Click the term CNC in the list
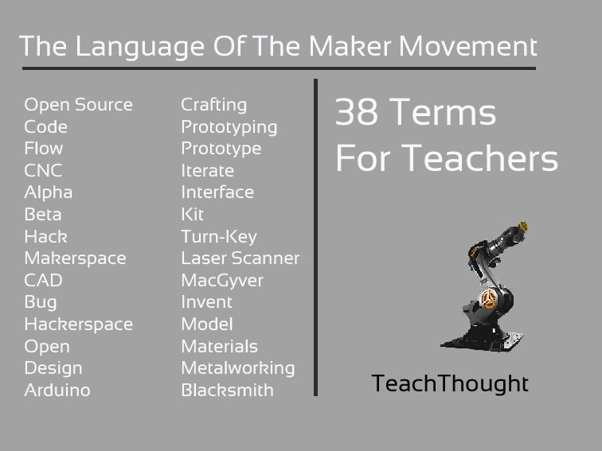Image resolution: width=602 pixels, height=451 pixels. (x=43, y=171)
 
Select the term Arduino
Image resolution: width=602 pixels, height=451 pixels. (x=57, y=391)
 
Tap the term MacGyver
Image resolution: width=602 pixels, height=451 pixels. (x=222, y=281)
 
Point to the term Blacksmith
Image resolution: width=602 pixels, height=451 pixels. (x=227, y=391)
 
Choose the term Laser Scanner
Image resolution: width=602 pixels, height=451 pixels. (x=240, y=259)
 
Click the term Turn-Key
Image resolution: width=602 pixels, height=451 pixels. (x=219, y=237)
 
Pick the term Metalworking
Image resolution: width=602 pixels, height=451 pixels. (x=238, y=368)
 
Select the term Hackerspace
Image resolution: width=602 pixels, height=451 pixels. (x=78, y=325)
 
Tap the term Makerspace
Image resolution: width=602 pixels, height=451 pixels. (x=75, y=259)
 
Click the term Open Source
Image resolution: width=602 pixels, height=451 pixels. (x=78, y=105)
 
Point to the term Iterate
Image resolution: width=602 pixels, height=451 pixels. (x=207, y=171)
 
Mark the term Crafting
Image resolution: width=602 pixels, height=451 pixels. (x=214, y=105)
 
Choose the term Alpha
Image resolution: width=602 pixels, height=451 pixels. (x=48, y=192)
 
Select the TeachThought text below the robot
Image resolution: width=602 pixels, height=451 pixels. (x=450, y=384)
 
